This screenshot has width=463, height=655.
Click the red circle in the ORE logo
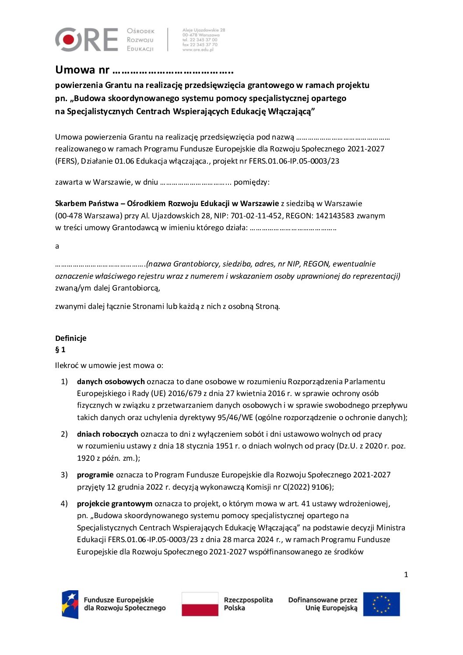click(x=69, y=40)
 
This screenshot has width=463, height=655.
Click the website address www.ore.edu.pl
click(x=198, y=50)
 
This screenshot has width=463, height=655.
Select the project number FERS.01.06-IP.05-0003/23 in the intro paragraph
click(x=294, y=161)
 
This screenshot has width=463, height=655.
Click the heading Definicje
click(x=70, y=338)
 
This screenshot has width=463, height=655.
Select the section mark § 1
click(x=60, y=350)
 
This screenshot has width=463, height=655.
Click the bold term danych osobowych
click(x=111, y=382)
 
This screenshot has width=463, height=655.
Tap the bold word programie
click(x=95, y=475)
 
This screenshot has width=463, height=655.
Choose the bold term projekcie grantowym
click(x=115, y=504)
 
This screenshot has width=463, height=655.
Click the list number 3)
click(x=64, y=475)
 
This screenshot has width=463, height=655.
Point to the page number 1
click(x=406, y=574)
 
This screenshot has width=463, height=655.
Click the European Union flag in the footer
click(x=381, y=604)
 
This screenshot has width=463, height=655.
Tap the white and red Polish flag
click(x=200, y=604)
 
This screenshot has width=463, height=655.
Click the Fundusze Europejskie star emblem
click(x=70, y=604)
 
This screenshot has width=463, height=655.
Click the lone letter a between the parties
click(x=57, y=246)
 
